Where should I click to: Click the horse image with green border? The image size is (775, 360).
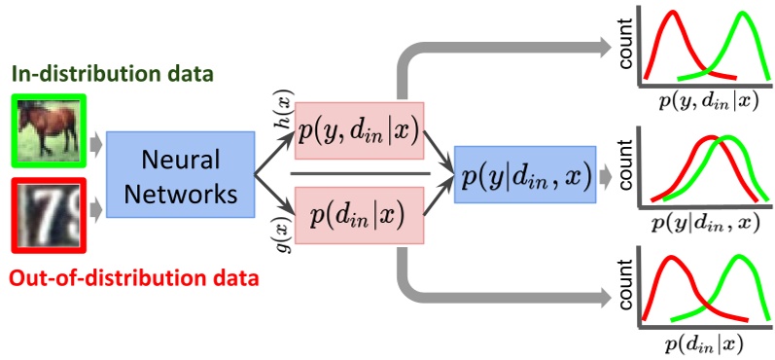point(51,127)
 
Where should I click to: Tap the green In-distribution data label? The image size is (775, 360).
point(113,74)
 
